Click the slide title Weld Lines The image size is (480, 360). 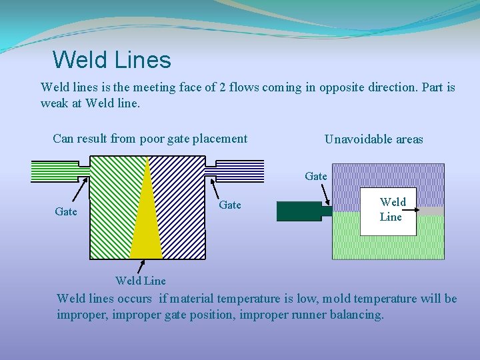click(x=111, y=60)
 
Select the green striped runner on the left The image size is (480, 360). click(x=55, y=171)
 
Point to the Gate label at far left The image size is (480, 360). click(x=65, y=211)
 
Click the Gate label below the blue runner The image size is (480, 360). click(x=230, y=205)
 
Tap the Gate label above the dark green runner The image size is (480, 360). click(x=316, y=177)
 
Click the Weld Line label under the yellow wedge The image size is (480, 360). click(x=140, y=281)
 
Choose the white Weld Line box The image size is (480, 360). click(x=389, y=211)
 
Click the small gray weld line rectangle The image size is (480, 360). click(x=431, y=211)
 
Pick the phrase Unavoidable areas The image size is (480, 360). click(x=373, y=139)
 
